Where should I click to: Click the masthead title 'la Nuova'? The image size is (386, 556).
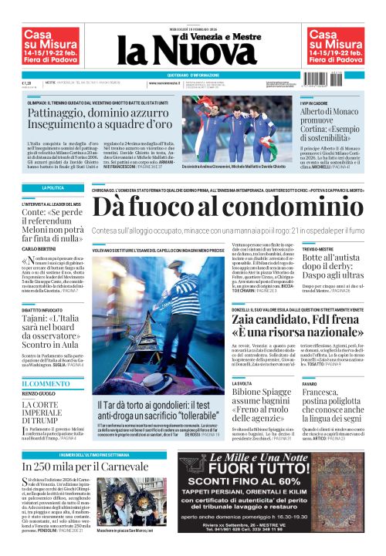(193, 53)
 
